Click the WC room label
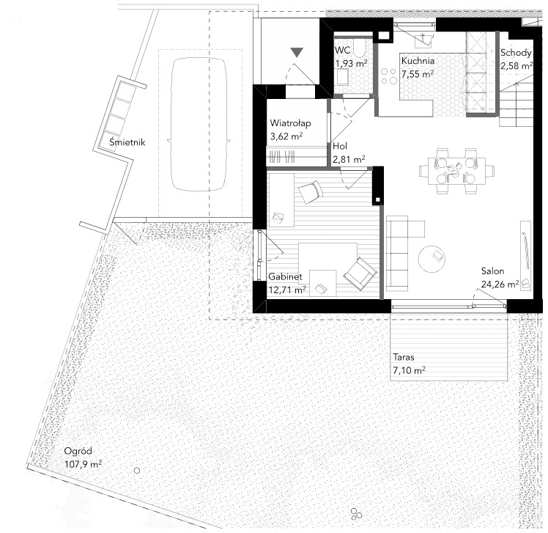click(342, 50)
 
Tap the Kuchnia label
click(418, 61)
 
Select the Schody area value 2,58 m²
click(516, 66)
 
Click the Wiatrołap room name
click(290, 123)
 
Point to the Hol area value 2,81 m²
click(349, 160)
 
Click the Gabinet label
click(285, 276)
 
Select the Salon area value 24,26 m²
click(500, 284)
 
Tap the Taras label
click(404, 358)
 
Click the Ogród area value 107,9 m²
click(84, 465)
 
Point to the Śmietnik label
click(127, 142)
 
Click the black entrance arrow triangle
click(297, 53)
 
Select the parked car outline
click(199, 124)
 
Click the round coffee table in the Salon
click(432, 258)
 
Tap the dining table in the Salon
click(456, 171)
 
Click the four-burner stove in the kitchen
click(389, 76)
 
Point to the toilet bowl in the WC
click(359, 49)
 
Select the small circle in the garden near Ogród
click(137, 471)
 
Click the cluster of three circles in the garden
click(356, 513)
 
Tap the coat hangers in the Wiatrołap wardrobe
click(283, 157)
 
